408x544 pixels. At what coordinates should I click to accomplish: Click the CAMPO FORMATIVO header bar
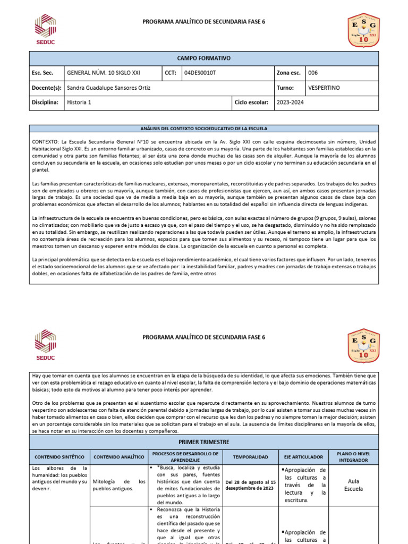pyautogui.click(x=203, y=58)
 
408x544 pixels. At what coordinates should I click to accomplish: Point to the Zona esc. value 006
pyautogui.click(x=313, y=73)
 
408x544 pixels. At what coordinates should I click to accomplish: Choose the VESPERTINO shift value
pyautogui.click(x=324, y=88)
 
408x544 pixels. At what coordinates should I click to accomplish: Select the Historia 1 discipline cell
pyautogui.click(x=79, y=103)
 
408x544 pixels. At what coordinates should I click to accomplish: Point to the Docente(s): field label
pyautogui.click(x=47, y=88)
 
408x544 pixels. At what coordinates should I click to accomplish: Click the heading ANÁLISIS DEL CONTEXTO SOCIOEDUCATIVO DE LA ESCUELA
pyautogui.click(x=203, y=129)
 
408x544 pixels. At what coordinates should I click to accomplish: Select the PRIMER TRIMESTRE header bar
pyautogui.click(x=203, y=441)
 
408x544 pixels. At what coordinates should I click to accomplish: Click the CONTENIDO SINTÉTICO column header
pyautogui.click(x=59, y=456)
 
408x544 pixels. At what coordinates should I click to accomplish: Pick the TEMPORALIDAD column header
pyautogui.click(x=250, y=456)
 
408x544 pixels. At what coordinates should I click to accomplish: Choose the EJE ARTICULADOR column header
pyautogui.click(x=303, y=456)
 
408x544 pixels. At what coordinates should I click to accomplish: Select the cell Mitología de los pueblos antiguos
pyautogui.click(x=119, y=484)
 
